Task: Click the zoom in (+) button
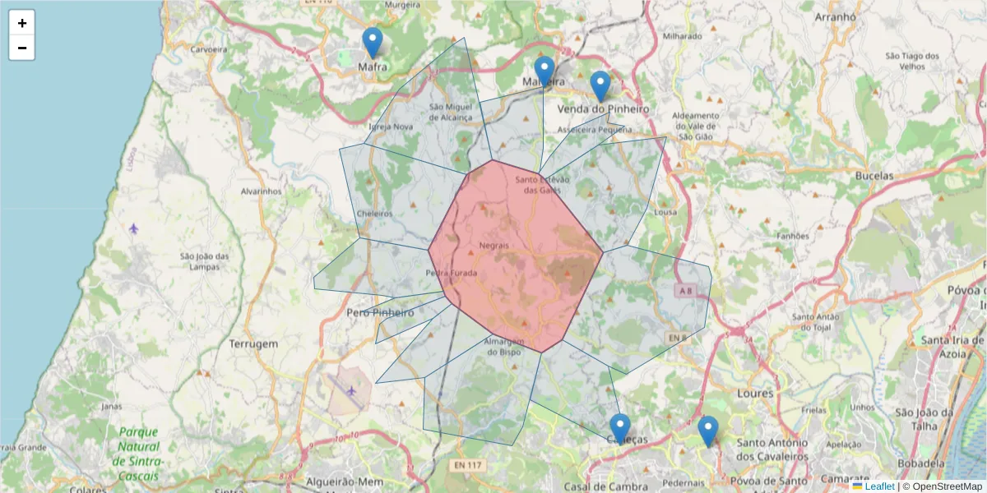22,23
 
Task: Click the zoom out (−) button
22,48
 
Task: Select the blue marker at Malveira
544,71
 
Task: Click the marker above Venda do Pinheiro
600,86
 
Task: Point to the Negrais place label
493,246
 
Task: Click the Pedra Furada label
452,273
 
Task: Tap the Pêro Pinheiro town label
380,313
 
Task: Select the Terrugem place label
253,344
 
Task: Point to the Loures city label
755,394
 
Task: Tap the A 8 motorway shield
685,290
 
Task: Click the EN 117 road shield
466,466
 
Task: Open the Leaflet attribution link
878,486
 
